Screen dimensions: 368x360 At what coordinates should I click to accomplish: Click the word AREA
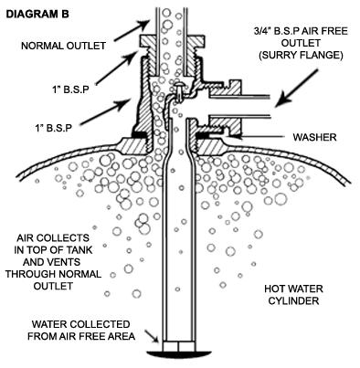coord(124,336)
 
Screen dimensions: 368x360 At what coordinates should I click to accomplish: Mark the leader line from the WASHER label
coord(260,139)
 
